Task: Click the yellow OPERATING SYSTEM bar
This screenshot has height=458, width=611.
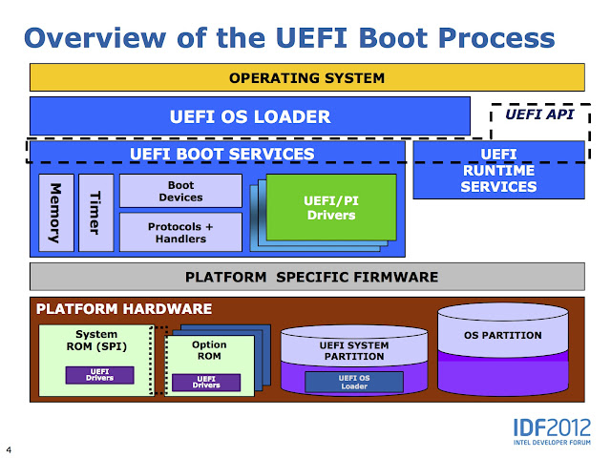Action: (x=306, y=77)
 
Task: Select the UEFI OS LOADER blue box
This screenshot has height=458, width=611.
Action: (x=249, y=116)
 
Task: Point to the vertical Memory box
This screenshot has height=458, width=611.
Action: (x=55, y=212)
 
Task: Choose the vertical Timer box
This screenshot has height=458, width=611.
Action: (x=94, y=212)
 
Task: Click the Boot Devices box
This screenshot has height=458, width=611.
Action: (x=179, y=191)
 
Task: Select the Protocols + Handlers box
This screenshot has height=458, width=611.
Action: (x=179, y=232)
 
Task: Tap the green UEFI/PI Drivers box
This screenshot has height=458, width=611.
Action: (x=329, y=207)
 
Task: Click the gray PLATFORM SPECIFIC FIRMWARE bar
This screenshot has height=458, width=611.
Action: (x=306, y=277)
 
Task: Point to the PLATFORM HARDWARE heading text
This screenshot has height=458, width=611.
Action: (x=124, y=310)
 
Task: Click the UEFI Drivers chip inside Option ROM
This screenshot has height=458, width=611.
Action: (x=206, y=383)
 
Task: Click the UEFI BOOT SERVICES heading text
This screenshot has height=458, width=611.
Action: (x=221, y=153)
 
